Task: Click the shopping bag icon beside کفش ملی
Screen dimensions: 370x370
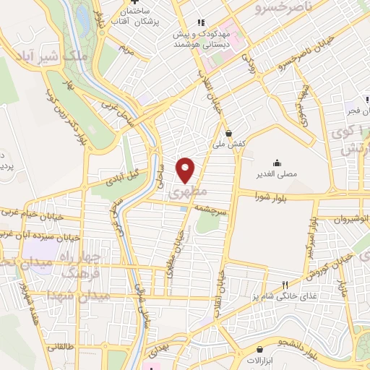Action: [x=229, y=133]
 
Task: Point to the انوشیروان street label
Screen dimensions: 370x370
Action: [x=353, y=218]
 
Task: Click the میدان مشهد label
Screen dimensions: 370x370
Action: [x=78, y=296]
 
